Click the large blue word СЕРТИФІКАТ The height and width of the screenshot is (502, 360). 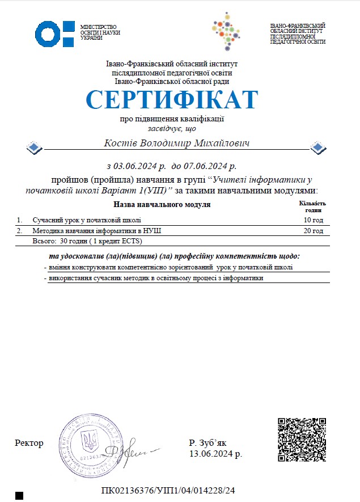pos(172,100)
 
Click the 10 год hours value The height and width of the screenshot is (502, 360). pos(313,220)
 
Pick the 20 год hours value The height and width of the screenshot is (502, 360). pos(313,231)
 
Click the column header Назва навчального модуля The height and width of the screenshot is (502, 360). pos(162,204)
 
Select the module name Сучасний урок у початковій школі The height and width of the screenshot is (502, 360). pos(86,220)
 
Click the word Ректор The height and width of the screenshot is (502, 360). pos(29,443)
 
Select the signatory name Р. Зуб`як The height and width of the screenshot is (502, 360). pos(207,443)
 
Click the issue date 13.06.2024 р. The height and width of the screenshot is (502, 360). pos(215,454)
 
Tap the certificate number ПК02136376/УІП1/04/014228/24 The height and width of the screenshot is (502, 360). pos(168,490)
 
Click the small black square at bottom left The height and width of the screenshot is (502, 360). pos(19,496)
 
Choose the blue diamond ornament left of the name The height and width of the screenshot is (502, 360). pos(35,148)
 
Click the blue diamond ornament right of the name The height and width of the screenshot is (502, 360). pos(319,148)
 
